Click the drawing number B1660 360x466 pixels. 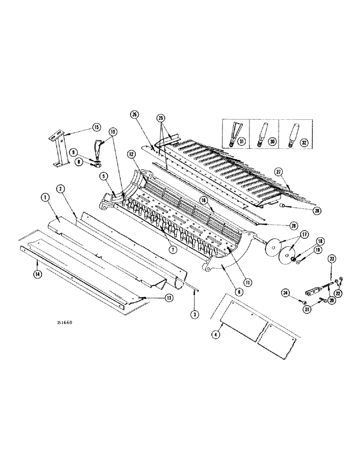point(64,322)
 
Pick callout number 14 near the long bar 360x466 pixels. point(36,275)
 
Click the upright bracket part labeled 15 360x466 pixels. point(58,151)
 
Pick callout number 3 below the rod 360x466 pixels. point(194,315)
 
